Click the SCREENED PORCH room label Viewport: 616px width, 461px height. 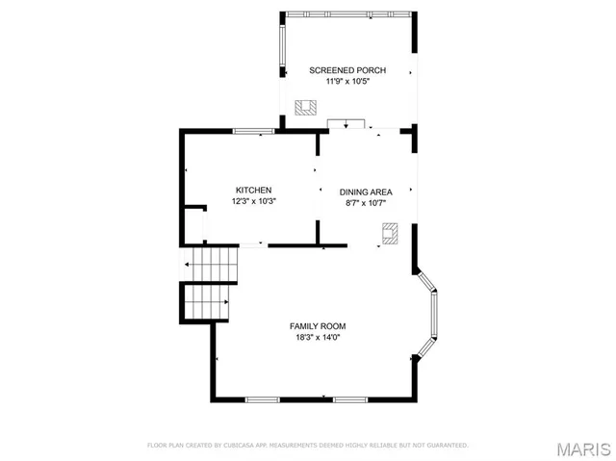click(347, 70)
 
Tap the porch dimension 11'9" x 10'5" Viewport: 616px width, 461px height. click(347, 81)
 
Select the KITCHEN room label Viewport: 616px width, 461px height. click(254, 191)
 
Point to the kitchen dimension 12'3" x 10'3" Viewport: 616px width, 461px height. click(254, 202)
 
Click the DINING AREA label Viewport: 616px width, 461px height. click(365, 192)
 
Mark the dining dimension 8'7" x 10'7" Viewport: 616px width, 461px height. click(365, 203)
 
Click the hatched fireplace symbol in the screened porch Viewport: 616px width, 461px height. click(306, 107)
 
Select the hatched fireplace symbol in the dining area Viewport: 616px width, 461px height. click(390, 233)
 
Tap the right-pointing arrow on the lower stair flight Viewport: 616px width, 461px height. click(228, 303)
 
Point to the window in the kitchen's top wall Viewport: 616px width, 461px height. click(254, 131)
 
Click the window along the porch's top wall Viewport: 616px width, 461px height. click(347, 13)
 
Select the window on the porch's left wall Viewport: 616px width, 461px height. click(282, 48)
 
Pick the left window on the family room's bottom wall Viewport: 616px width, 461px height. click(262, 399)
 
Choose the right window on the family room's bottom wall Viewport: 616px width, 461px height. click(350, 399)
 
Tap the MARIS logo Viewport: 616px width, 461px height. click(582, 448)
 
